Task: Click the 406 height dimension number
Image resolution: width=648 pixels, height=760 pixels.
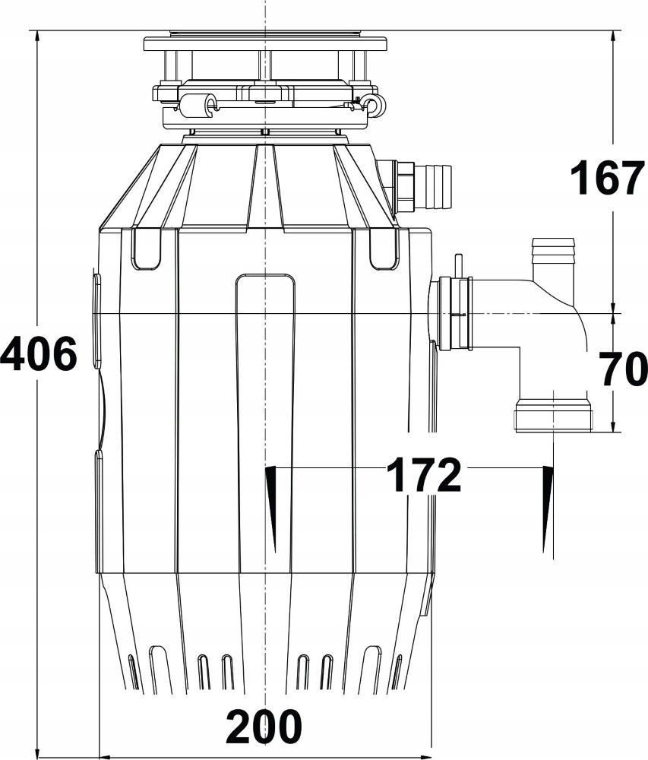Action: point(39,354)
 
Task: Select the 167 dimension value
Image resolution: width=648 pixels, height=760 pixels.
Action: point(607,179)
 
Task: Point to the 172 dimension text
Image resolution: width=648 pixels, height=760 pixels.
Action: point(423,477)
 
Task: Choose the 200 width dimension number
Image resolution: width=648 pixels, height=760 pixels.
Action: point(264,727)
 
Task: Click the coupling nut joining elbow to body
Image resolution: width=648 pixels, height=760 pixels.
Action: point(454,313)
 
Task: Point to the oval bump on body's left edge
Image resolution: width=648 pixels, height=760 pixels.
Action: point(96,319)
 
